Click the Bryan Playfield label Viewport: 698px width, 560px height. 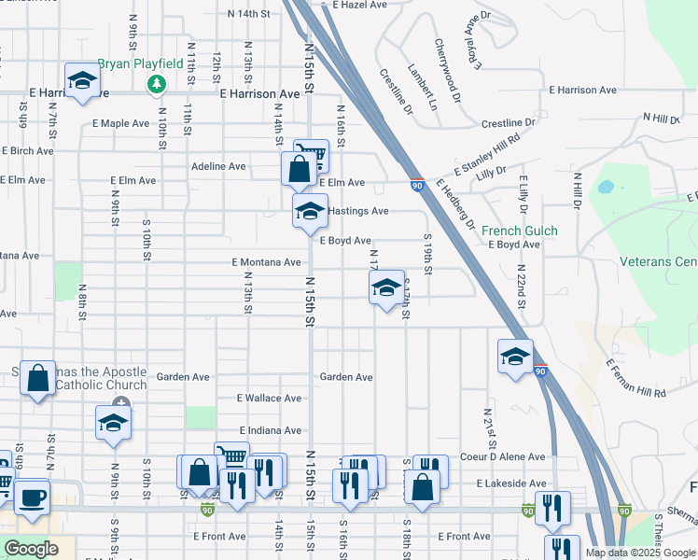coord(141,63)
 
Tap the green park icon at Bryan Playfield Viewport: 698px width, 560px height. coord(156,85)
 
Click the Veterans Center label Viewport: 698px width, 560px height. coord(657,262)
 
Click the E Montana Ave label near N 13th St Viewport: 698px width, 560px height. coord(266,262)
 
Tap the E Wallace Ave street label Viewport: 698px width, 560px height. coord(269,398)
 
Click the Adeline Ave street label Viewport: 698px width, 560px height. coord(217,166)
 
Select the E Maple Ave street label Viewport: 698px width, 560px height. coord(120,122)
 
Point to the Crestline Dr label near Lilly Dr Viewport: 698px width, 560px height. coord(509,122)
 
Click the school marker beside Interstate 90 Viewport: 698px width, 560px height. coord(515,357)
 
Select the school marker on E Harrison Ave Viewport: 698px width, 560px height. coord(82,80)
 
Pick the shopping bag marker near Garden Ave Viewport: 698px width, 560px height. coord(38,379)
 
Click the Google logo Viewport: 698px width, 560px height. coord(31,549)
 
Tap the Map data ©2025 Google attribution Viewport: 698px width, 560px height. coord(639,553)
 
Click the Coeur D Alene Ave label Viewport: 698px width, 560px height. coord(502,456)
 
